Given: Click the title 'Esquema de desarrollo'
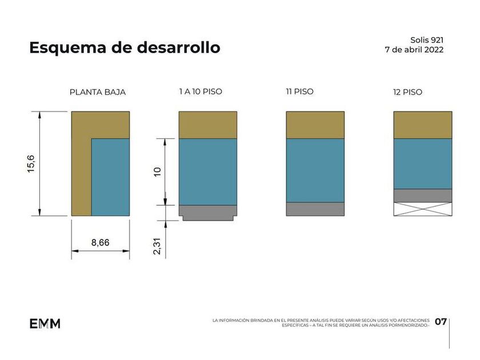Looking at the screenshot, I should point(125,47).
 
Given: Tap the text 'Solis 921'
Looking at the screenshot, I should point(427,40).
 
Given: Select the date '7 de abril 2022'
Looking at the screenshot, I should point(414,50).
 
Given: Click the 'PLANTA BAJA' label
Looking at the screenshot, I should point(98,92).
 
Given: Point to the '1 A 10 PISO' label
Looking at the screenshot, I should point(201,91).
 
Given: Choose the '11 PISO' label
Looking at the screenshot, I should point(300,91).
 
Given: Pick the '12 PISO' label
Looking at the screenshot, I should point(408,92).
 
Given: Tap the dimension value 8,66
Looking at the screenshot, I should point(101,243).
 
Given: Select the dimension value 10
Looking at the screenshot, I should point(158,171).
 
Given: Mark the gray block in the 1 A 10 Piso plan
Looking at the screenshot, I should point(208,211).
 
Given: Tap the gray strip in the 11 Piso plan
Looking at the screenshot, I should point(315,209).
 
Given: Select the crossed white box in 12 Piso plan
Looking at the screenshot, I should point(423,209).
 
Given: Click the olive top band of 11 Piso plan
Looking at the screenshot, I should point(315,125).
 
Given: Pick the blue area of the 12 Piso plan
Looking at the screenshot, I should point(423,163).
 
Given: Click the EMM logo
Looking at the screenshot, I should point(45,323).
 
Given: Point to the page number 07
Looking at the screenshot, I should point(441,322).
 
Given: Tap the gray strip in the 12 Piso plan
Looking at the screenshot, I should point(423,195).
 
